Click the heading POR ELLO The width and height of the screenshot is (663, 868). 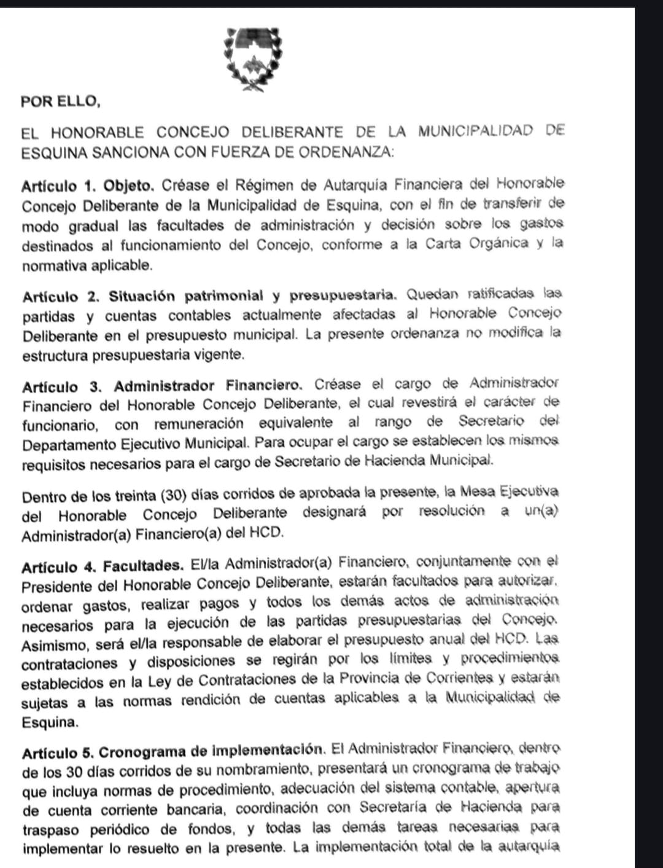tap(60, 102)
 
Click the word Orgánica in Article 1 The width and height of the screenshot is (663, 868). tap(498, 243)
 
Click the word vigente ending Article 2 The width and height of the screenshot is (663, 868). tap(219, 355)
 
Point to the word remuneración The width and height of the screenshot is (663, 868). tap(198, 424)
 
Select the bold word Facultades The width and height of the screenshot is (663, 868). tap(143, 566)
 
